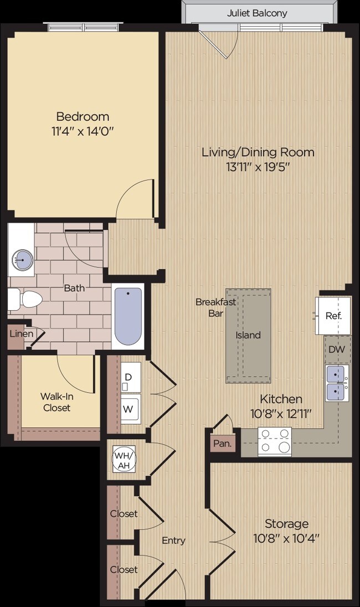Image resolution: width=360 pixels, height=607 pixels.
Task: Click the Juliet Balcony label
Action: [x=257, y=13]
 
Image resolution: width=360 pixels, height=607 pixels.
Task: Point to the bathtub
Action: [x=128, y=317]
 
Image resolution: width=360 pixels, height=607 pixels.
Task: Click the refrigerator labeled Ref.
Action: [x=333, y=316]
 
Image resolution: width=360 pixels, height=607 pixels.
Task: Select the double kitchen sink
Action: [x=337, y=383]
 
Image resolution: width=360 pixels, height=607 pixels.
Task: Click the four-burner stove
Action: [x=275, y=441]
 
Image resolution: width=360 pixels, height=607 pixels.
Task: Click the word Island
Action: [x=248, y=335]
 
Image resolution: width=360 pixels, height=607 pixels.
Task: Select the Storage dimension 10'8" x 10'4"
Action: [x=286, y=537]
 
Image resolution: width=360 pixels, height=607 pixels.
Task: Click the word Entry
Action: [x=173, y=541]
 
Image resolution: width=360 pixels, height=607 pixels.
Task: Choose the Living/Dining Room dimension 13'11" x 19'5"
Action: [x=258, y=167]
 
